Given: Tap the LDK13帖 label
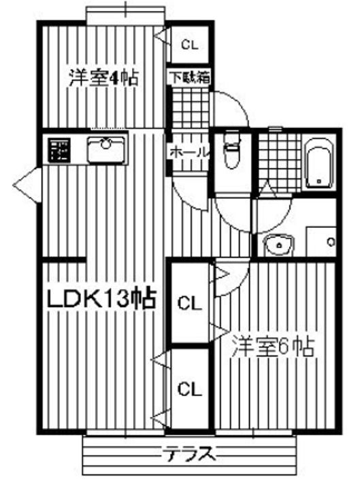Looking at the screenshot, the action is pos(101,299).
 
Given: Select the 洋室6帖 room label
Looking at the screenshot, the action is pos(272,346).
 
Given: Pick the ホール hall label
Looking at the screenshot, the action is pos(189,152).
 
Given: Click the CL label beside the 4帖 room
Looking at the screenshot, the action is pos(190,45).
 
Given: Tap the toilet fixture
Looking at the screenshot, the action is pos(231,150).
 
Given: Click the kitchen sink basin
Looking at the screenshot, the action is pos(108,150).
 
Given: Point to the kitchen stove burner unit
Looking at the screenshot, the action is pos(59,150).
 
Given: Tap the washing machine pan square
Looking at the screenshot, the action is pos(321,242).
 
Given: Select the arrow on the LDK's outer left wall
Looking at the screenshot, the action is pos(27,186).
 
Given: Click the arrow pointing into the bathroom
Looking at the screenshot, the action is pos(267,189).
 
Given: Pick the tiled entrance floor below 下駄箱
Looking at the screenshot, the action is pos(191,108).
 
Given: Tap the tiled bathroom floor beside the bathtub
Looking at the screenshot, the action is pos(280,162).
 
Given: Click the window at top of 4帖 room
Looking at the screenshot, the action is pos(125,14).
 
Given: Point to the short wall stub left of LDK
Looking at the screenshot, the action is pos(64,259).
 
